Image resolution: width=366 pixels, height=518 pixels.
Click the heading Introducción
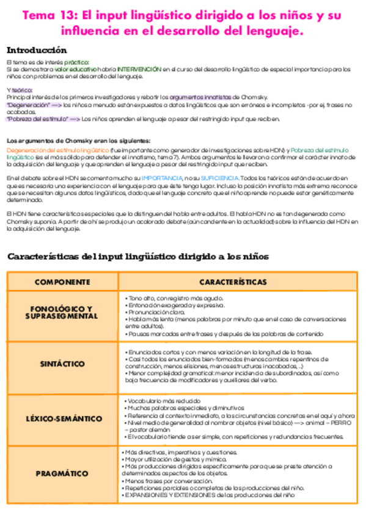click(x=37, y=50)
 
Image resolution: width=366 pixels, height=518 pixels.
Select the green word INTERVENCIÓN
click(x=140, y=70)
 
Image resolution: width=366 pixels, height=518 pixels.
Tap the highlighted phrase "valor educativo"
click(x=78, y=70)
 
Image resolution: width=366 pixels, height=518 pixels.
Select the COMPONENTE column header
click(x=62, y=282)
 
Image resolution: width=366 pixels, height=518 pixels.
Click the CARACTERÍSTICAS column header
click(x=233, y=282)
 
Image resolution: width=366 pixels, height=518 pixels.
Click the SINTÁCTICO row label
click(x=62, y=364)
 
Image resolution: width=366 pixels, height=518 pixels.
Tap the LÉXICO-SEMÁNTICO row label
click(x=62, y=418)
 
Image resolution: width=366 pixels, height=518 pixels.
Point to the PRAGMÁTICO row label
click(x=62, y=473)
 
